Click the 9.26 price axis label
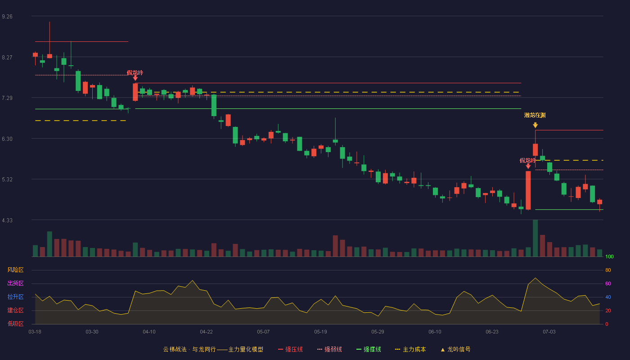click(7, 17)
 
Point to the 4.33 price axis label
click(7, 220)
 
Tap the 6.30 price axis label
click(7, 139)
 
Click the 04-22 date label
click(206, 332)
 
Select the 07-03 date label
click(549, 332)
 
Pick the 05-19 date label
click(320, 332)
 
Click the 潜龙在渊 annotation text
click(535, 115)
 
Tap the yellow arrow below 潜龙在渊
click(535, 125)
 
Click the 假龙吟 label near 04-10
click(135, 73)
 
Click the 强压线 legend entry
click(290, 349)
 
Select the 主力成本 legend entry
click(410, 349)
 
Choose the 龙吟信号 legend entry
click(455, 349)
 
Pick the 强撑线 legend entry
click(369, 349)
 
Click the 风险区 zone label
click(15, 270)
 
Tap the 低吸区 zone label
click(15, 324)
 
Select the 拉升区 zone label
click(15, 297)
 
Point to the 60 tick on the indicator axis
click(608, 283)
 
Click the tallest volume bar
click(535, 238)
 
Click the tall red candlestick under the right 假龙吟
click(528, 190)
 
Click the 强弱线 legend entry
click(329, 349)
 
